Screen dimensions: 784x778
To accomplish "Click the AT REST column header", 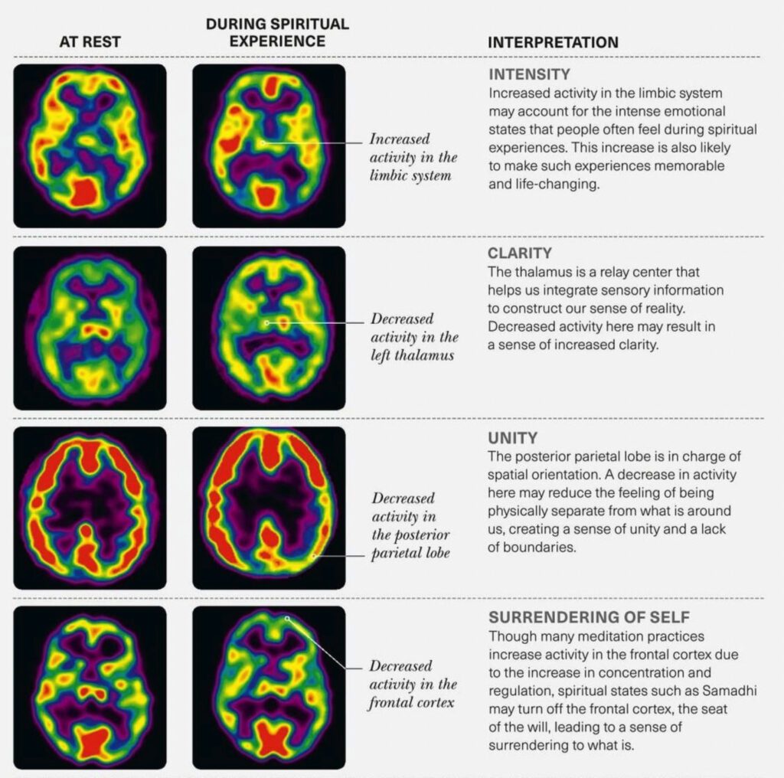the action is click(x=90, y=41).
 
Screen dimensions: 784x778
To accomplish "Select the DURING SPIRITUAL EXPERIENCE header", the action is click(x=277, y=32).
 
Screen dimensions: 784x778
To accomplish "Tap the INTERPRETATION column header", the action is click(x=553, y=43).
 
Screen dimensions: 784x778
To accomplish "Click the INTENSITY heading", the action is click(x=530, y=74).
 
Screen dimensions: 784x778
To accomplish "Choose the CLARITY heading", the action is click(x=520, y=253).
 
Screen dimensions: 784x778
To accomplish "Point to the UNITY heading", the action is click(x=512, y=438).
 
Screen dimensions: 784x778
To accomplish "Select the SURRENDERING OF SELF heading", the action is click(x=589, y=617).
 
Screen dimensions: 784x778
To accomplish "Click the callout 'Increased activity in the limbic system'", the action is click(x=413, y=157).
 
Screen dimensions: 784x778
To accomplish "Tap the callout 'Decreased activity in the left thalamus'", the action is click(x=414, y=337).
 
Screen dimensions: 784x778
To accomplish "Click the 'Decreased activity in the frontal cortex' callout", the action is click(x=413, y=684).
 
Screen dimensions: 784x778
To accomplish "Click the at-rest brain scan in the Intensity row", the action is click(x=90, y=146).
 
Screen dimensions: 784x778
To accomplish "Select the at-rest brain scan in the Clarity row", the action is click(x=90, y=328).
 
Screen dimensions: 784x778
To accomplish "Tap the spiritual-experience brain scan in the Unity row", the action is click(x=269, y=508).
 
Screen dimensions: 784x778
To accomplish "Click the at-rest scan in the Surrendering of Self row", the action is click(x=90, y=688).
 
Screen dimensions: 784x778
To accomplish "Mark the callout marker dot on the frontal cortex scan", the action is click(x=287, y=619).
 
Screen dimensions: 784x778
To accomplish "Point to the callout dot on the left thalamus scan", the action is click(x=266, y=323).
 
